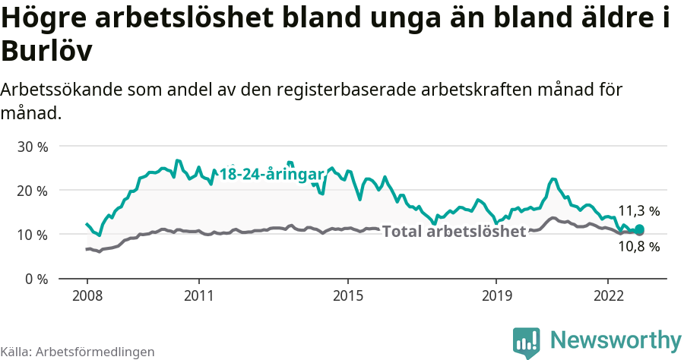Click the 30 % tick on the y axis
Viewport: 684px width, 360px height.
(32, 146)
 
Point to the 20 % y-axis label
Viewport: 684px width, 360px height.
(32, 190)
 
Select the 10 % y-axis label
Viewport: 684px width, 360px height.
(32, 235)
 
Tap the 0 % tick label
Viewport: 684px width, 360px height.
(36, 279)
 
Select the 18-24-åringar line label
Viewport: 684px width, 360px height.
(272, 175)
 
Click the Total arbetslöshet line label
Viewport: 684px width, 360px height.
(454, 232)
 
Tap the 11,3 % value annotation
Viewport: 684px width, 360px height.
(638, 211)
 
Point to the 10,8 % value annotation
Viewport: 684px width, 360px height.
(638, 247)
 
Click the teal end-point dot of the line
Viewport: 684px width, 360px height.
(639, 229)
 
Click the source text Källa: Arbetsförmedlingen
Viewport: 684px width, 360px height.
(78, 352)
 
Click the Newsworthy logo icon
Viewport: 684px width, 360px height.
(526, 342)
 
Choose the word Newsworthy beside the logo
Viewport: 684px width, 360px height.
(616, 339)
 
